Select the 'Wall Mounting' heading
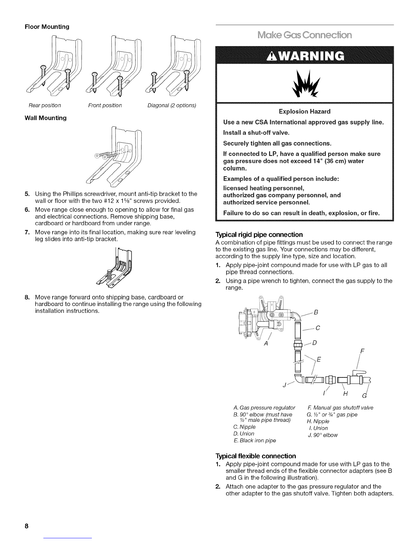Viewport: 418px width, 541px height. pos(45,118)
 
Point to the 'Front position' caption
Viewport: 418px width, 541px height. pos(105,105)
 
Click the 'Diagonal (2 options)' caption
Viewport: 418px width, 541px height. pos(171,105)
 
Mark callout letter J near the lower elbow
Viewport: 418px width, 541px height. pos(284,386)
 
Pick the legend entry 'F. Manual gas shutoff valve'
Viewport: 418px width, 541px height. pos(340,408)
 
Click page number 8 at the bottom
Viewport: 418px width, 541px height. pos(26,526)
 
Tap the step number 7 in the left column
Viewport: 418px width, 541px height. pos(26,232)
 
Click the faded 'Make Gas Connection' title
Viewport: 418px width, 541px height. pos(305,36)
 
